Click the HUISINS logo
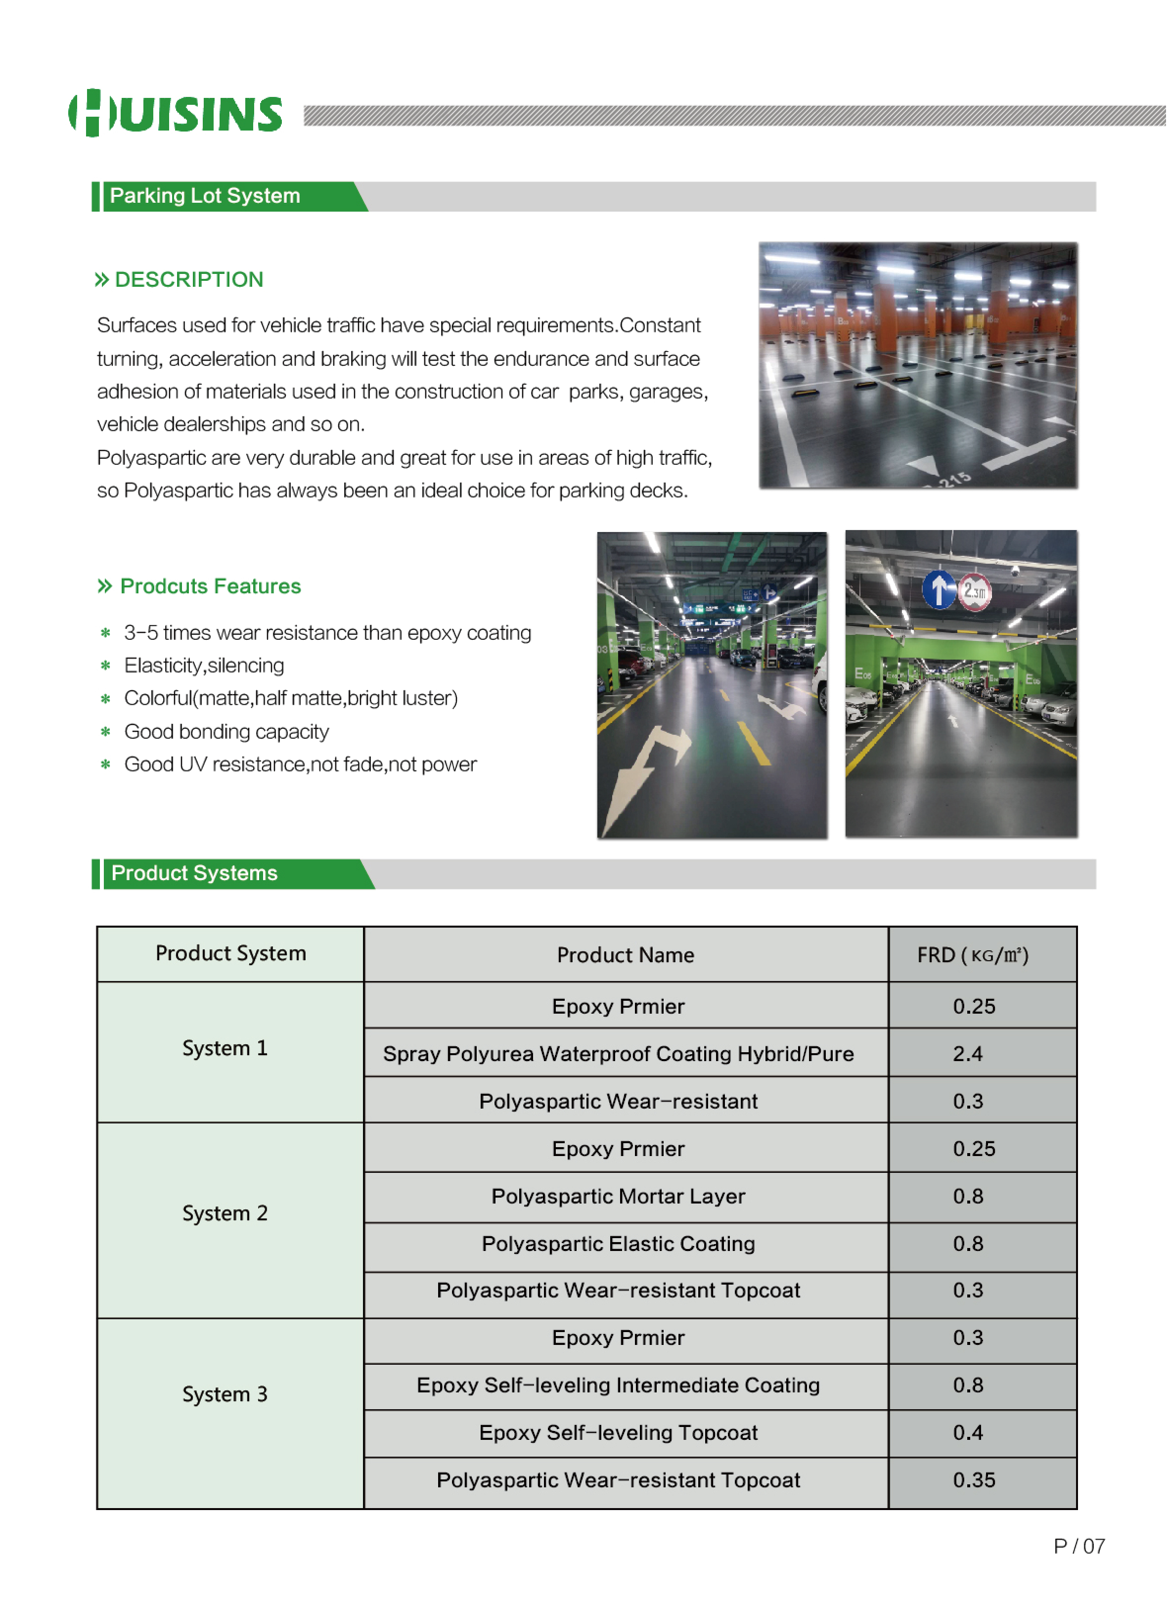(175, 113)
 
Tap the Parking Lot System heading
(205, 196)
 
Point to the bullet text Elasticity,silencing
(204, 666)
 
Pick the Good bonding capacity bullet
(226, 731)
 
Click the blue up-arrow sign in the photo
(939, 589)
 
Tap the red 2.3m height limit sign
(975, 591)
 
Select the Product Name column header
(626, 955)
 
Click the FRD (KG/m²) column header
(973, 955)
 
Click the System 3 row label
(225, 1394)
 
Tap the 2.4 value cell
(968, 1054)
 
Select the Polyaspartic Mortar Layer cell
(618, 1196)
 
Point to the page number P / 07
(1079, 1547)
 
